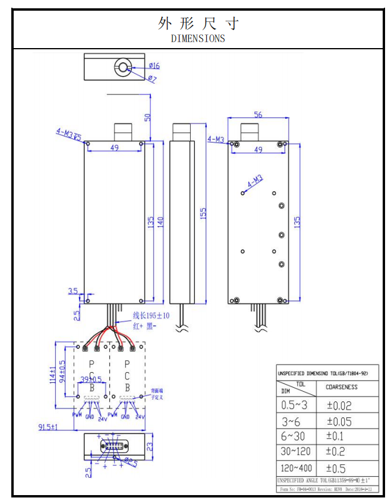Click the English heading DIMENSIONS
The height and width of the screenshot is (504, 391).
(198, 39)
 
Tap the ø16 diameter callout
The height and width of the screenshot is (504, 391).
(153, 65)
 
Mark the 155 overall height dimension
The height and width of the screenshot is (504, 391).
(203, 214)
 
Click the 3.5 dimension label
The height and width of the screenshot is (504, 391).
(73, 291)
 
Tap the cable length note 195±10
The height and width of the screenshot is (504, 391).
(150, 315)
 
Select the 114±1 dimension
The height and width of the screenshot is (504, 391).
(53, 375)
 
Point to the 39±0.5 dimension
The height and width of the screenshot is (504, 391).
(90, 379)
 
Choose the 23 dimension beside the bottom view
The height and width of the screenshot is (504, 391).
(150, 445)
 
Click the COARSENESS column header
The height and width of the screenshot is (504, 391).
(342, 386)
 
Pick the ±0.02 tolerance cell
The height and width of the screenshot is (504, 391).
(339, 406)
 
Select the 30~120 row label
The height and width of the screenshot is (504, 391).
(295, 452)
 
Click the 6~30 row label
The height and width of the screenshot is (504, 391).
(294, 436)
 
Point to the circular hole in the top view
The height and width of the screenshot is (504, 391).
(123, 67)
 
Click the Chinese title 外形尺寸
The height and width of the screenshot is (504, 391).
(198, 23)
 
